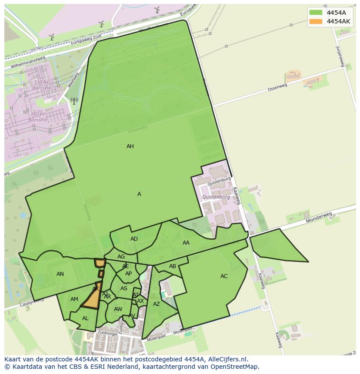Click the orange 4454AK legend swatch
(316, 21)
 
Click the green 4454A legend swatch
(316, 13)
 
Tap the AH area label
(130, 146)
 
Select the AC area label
(224, 276)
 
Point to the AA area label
(186, 243)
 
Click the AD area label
(134, 239)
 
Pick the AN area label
(60, 274)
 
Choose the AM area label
(74, 299)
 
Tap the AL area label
(85, 318)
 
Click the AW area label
(118, 309)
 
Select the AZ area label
(157, 304)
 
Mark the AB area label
(173, 266)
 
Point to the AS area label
(124, 288)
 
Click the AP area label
(128, 274)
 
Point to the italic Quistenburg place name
(216, 197)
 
